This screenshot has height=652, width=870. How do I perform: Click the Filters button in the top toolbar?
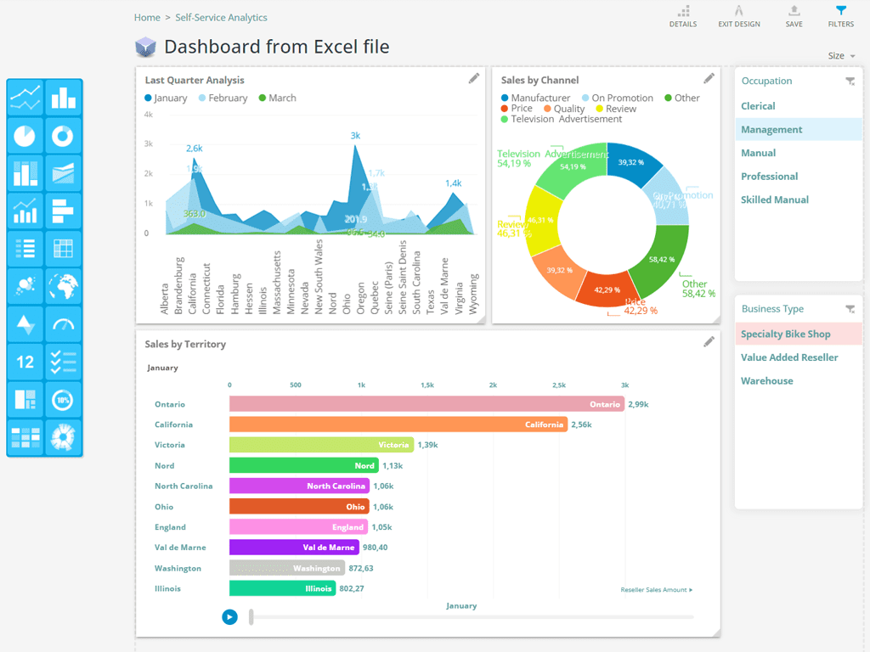[840, 15]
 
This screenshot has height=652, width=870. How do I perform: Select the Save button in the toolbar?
[794, 15]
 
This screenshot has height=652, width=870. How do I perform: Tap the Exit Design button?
[738, 15]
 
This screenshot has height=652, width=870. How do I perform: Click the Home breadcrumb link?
[147, 17]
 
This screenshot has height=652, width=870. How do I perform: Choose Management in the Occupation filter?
[771, 130]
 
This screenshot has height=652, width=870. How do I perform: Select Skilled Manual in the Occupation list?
[774, 200]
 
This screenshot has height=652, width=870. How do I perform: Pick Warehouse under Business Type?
[766, 381]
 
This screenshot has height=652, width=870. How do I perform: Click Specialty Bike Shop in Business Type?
[785, 334]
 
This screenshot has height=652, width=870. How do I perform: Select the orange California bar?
[398, 424]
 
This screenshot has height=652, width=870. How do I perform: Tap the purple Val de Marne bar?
[294, 548]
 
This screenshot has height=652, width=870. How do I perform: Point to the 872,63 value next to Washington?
[361, 568]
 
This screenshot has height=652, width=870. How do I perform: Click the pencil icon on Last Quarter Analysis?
[474, 79]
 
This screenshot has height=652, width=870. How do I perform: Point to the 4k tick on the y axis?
[148, 114]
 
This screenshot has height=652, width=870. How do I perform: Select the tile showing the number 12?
[25, 362]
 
